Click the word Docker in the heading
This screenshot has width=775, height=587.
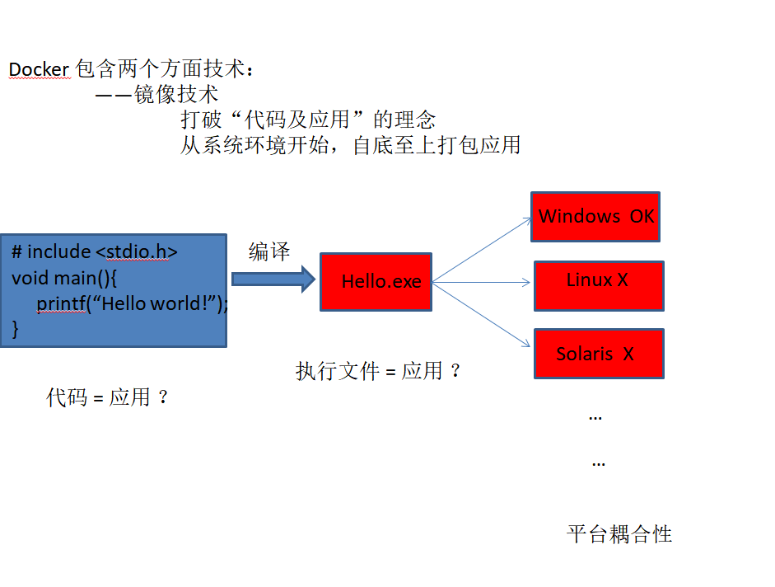click(39, 69)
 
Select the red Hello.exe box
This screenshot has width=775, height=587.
click(376, 282)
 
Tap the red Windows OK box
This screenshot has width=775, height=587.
click(595, 217)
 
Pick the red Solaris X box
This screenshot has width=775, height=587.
click(598, 354)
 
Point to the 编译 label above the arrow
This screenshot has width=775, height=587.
click(269, 252)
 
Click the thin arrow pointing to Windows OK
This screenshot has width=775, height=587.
click(482, 250)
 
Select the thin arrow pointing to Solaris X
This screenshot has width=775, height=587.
click(482, 315)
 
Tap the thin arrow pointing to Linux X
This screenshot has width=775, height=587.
click(482, 283)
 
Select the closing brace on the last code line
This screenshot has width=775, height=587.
click(15, 329)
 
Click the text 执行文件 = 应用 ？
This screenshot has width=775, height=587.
click(378, 371)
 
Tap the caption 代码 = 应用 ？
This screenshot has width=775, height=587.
click(108, 397)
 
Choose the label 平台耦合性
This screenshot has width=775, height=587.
click(619, 534)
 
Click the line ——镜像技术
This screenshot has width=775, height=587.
click(156, 95)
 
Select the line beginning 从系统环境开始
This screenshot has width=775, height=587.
click(350, 145)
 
